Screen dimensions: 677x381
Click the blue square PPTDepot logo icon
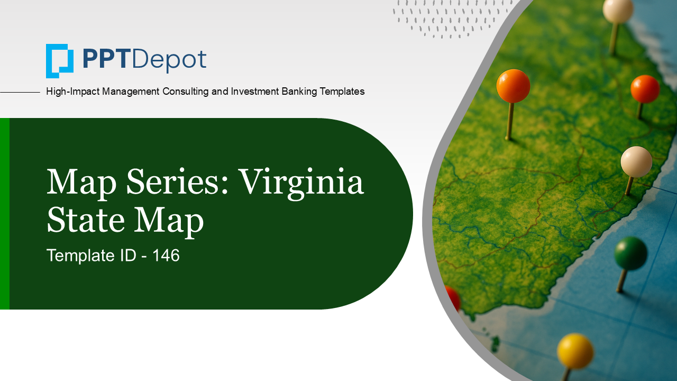pyautogui.click(x=60, y=61)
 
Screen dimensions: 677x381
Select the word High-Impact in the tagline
pyautogui.click(x=72, y=92)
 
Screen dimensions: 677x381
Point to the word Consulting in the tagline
pyautogui.click(x=186, y=92)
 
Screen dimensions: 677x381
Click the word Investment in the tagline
pyautogui.click(x=255, y=91)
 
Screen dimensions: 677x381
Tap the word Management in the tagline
pyautogui.click(x=131, y=92)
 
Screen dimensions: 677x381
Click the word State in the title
pyautogui.click(x=86, y=219)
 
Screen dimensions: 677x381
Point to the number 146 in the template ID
pyautogui.click(x=166, y=255)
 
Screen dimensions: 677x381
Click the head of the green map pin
pyautogui.click(x=630, y=253)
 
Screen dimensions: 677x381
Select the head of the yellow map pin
pyautogui.click(x=575, y=351)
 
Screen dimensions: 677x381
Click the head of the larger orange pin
pyautogui.click(x=513, y=86)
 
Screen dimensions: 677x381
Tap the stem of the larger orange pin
pyautogui.click(x=509, y=121)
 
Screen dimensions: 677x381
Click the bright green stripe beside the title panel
pyautogui.click(x=5, y=213)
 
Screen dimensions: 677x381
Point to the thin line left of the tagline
pyautogui.click(x=20, y=92)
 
